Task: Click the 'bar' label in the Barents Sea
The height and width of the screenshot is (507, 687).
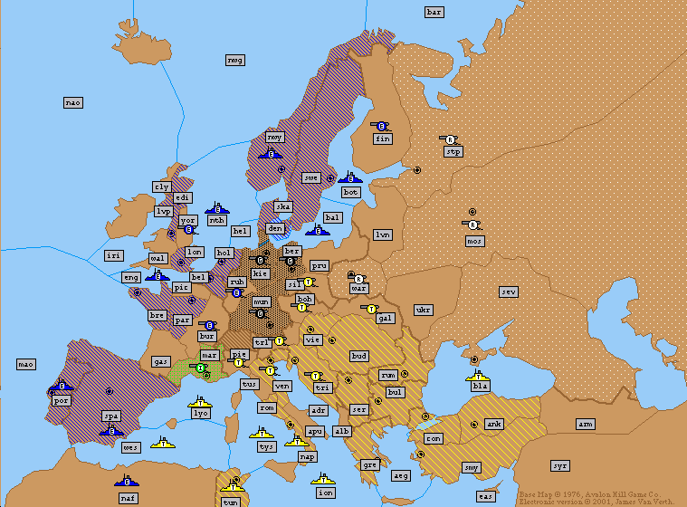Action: (x=434, y=12)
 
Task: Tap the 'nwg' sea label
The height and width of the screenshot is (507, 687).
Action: (x=234, y=60)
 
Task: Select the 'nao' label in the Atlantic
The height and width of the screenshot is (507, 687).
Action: (x=73, y=102)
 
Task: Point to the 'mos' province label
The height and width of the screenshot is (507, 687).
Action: (x=474, y=241)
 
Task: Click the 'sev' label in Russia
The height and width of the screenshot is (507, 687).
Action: (x=509, y=292)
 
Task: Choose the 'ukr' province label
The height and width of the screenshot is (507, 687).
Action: (x=423, y=310)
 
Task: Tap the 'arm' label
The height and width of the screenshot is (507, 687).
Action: (x=586, y=424)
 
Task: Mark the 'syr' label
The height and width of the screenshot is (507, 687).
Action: (x=560, y=465)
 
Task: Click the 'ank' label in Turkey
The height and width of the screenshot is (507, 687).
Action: (x=493, y=424)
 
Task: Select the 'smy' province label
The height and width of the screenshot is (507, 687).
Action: (x=472, y=467)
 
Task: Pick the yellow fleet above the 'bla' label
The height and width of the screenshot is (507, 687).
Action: (x=478, y=374)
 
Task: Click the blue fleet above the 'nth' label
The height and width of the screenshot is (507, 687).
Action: (x=216, y=207)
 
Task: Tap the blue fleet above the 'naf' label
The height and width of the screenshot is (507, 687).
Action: (x=127, y=479)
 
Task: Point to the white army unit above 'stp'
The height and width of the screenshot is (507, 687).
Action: (x=449, y=139)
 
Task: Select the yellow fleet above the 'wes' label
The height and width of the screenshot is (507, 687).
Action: (x=164, y=443)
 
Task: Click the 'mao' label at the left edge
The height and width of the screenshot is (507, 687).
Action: (x=26, y=364)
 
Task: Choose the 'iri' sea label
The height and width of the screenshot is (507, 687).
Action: (x=113, y=256)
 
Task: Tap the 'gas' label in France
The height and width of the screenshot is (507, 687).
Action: (x=161, y=361)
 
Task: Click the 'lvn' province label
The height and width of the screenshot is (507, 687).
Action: (x=383, y=234)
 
